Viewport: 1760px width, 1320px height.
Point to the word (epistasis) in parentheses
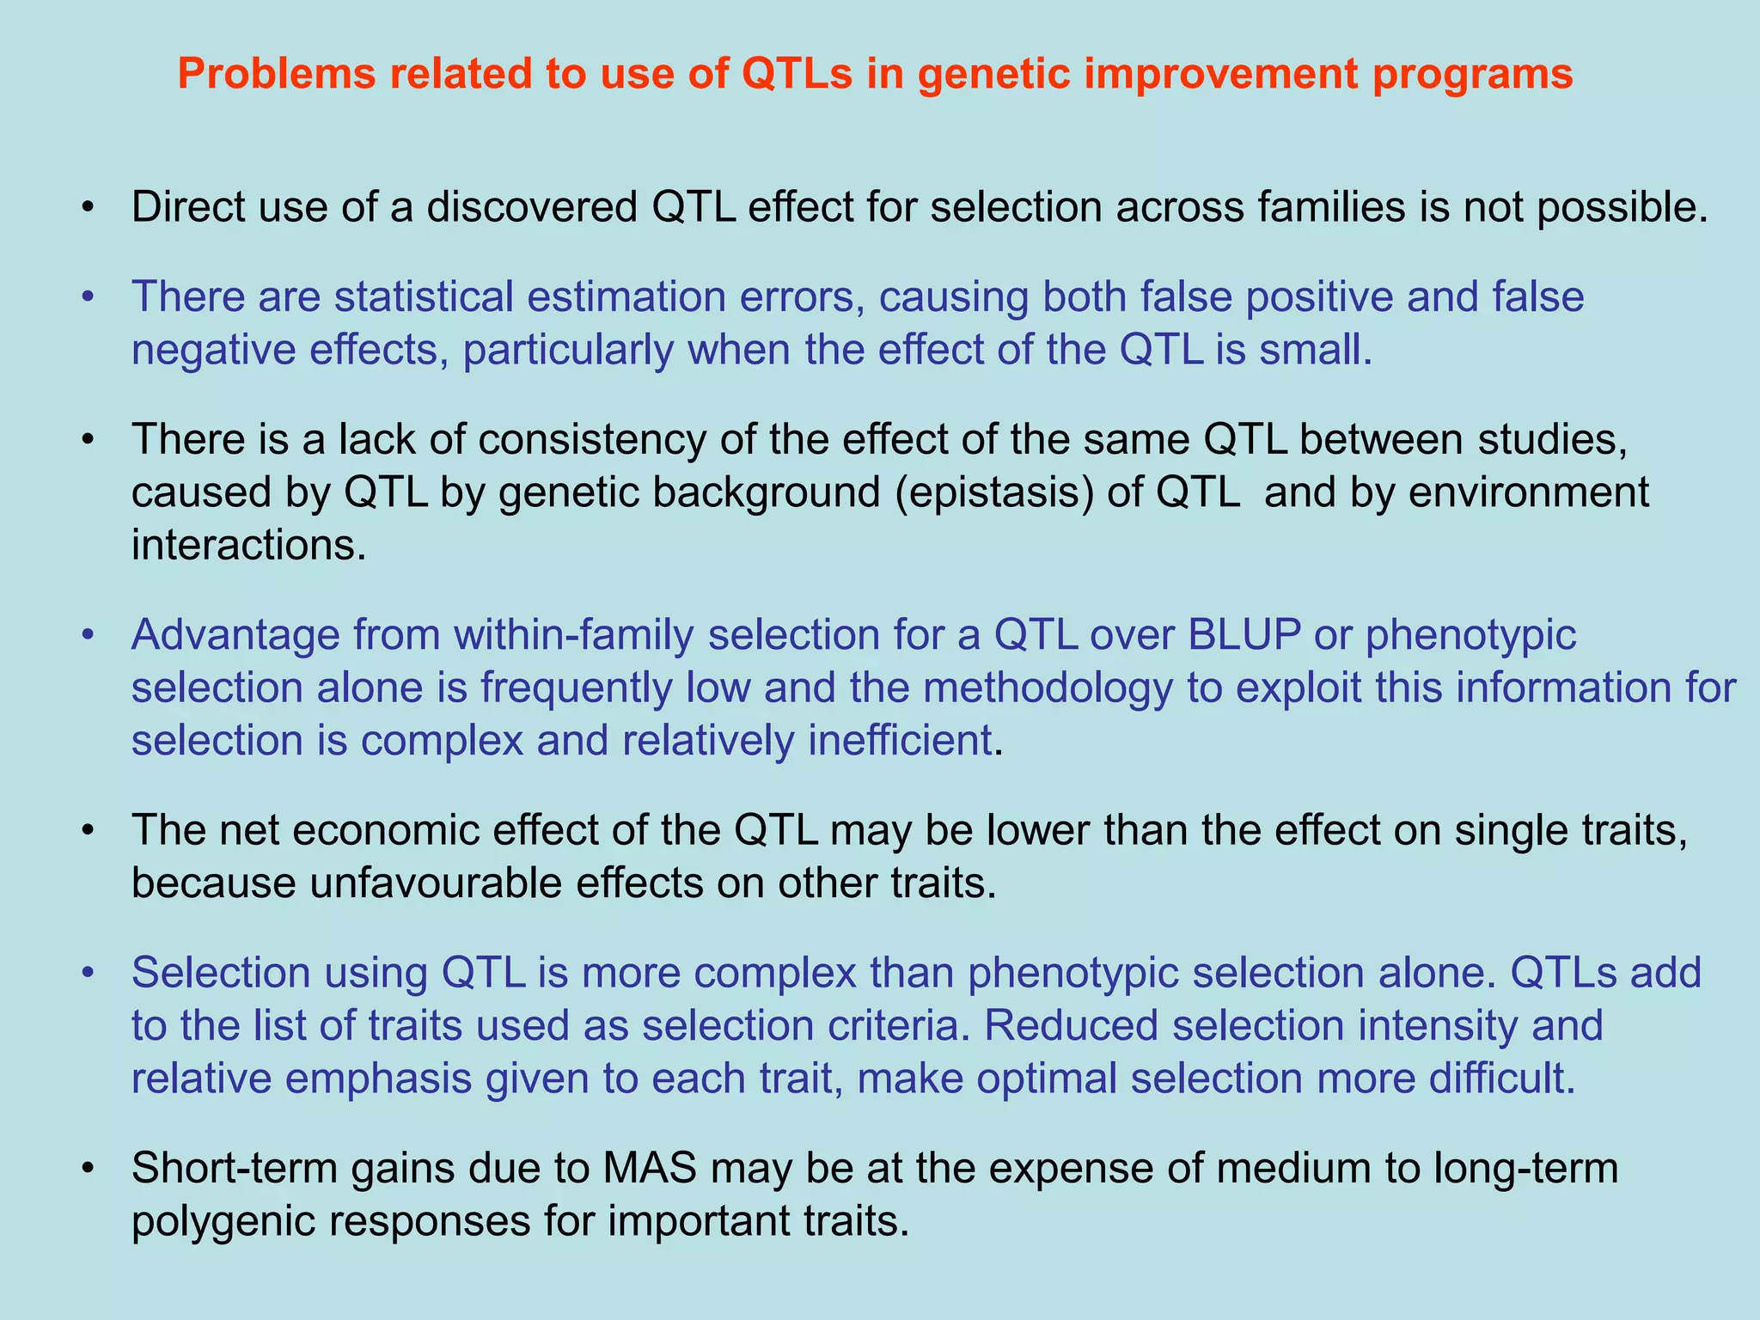(993, 492)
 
